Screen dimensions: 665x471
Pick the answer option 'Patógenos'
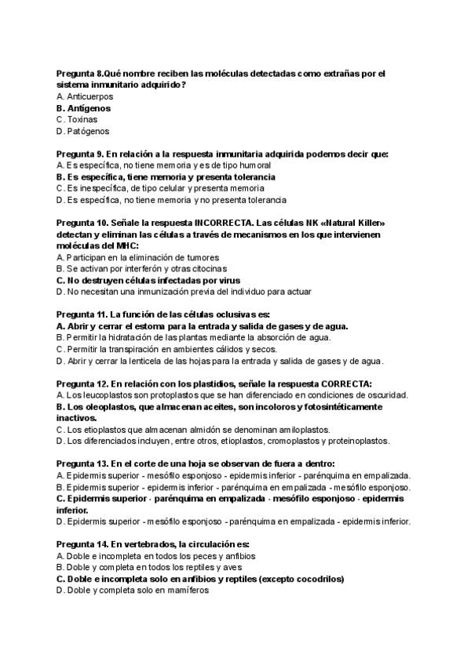88,131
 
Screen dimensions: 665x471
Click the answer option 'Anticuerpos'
91,96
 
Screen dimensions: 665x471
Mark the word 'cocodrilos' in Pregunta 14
319,579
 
